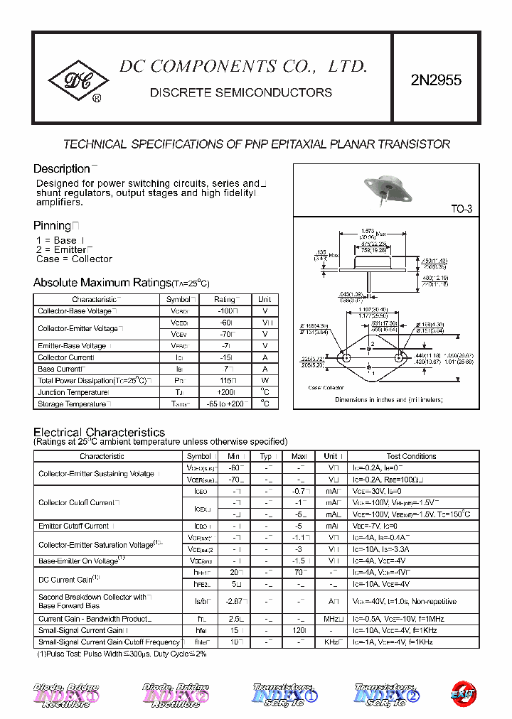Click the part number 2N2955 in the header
pos(436,80)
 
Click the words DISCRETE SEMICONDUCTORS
pos(241,92)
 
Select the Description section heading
pos(61,169)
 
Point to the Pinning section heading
pos(53,225)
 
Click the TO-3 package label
pos(461,209)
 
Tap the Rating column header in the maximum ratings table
pos(225,300)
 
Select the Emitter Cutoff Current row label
pos(74,526)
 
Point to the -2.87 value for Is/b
pos(235,601)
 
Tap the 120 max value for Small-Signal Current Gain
pos(299,631)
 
